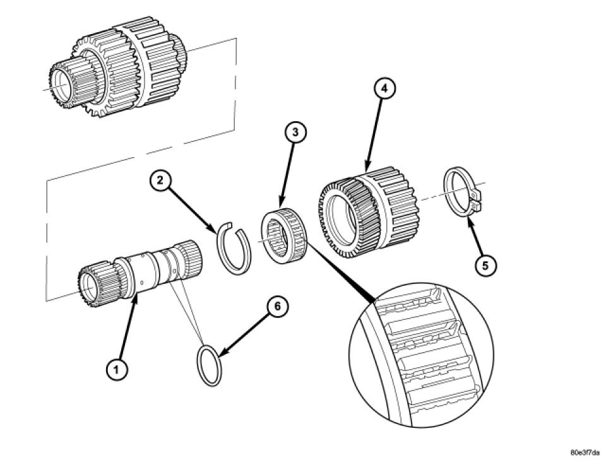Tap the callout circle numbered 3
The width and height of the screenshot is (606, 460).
[x=295, y=133]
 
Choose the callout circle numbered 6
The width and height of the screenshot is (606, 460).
[x=277, y=307]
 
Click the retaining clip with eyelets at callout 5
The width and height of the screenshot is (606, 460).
[x=464, y=192]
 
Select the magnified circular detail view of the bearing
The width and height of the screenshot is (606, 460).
[x=420, y=353]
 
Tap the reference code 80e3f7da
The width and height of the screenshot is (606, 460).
[x=585, y=452]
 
